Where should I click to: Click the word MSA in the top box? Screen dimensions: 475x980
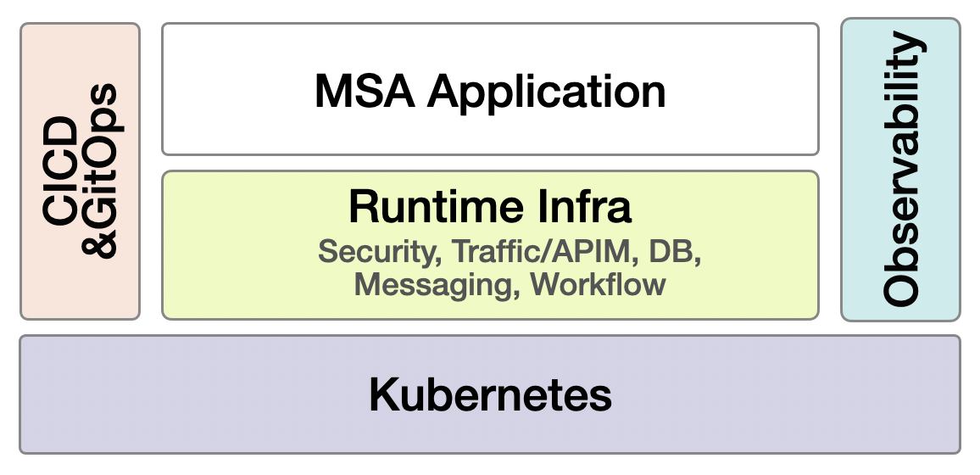pos(365,91)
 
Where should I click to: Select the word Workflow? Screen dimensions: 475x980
pos(599,284)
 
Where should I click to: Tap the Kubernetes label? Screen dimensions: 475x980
pos(490,395)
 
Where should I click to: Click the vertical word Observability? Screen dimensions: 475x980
pos(901,170)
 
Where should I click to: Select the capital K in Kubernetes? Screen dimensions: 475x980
pos(382,395)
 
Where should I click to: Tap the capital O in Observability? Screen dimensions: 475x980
pos(900,288)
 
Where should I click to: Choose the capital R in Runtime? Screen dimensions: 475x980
pos(362,207)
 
